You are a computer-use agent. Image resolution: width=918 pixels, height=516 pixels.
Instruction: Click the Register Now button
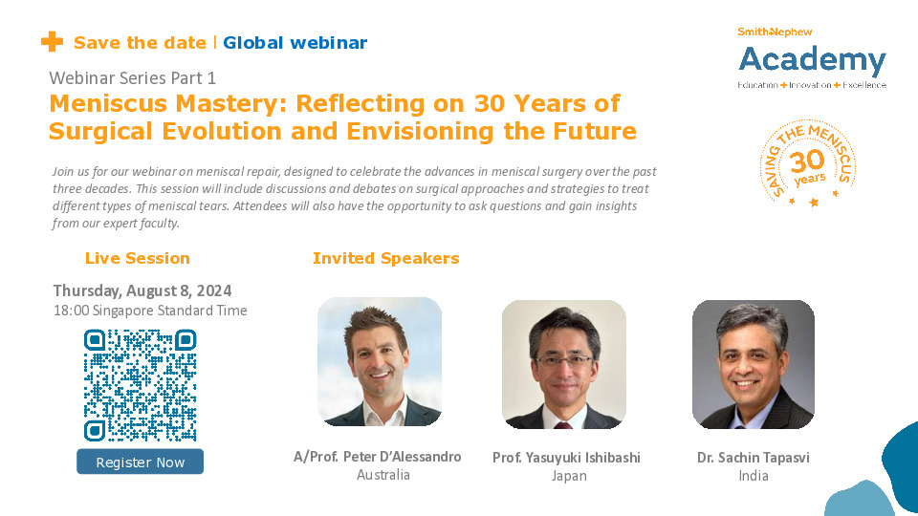point(140,462)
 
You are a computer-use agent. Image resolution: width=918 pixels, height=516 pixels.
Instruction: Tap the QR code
point(140,385)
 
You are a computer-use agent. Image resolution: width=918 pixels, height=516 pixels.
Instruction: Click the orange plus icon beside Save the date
point(52,42)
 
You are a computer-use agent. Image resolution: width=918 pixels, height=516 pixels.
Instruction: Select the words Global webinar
point(295,43)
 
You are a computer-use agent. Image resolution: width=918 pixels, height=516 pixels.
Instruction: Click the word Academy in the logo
point(812,60)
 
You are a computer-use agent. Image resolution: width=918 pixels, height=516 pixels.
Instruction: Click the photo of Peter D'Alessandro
point(379,361)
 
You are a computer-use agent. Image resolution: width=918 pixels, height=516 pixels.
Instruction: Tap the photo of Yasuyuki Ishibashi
point(564,364)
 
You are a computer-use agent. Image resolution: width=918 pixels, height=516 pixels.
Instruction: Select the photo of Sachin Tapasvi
point(753,364)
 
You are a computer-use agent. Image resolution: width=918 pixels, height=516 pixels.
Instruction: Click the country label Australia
point(382,475)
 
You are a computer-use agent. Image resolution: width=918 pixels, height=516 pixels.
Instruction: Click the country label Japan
point(569,476)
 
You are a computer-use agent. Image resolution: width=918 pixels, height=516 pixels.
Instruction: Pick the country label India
point(753,476)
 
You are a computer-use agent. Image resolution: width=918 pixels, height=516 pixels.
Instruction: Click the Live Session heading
point(138,258)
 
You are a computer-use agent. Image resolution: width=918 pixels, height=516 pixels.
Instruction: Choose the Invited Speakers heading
point(385,258)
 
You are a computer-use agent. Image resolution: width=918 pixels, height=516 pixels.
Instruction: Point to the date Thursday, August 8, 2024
point(142,290)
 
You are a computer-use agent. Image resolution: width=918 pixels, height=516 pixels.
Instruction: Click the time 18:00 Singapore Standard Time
point(150,311)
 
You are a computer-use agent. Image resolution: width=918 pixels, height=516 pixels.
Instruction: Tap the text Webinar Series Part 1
point(132,76)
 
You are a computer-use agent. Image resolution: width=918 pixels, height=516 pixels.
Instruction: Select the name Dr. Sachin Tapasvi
point(753,458)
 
